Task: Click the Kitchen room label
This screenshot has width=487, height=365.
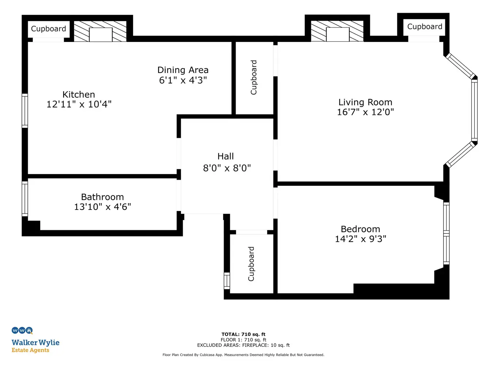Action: coord(79,95)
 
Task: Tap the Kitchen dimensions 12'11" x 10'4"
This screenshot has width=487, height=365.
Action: coord(79,104)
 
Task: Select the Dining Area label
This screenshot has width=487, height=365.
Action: coord(183,70)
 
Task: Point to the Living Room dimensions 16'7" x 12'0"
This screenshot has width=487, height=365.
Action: coord(365,112)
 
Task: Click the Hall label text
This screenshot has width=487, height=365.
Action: coord(225,157)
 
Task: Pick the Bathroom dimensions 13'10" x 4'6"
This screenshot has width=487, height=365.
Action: coord(102,207)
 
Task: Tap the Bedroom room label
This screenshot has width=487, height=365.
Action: coord(360,229)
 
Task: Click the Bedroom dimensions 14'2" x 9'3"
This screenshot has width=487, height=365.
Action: coord(360,239)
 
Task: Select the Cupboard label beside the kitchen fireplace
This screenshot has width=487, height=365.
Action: coord(48,29)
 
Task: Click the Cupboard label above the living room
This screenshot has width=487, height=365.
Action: coord(425,27)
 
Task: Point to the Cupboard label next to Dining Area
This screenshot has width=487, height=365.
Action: coord(254,77)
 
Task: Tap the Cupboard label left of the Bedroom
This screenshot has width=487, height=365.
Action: coord(251,264)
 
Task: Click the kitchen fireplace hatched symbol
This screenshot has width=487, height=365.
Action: coord(100,31)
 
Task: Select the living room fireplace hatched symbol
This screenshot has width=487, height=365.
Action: coord(337,31)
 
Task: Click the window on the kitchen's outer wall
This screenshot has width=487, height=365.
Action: coord(24,111)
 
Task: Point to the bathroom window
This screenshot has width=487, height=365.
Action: coord(24,199)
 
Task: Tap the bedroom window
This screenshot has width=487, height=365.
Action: coord(446,233)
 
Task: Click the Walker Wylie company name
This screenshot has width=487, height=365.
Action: coord(35,343)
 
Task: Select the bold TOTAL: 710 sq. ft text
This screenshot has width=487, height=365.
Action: coord(243,334)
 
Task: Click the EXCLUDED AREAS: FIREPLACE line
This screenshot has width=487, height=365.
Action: coord(243,345)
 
